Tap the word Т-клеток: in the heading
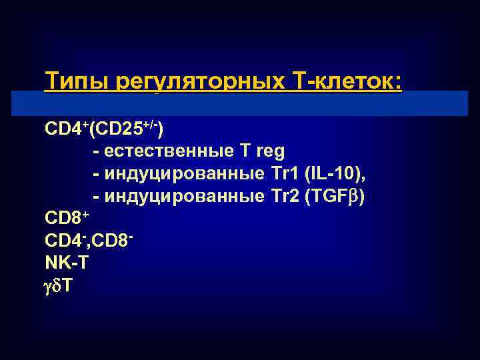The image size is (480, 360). [x=347, y=83]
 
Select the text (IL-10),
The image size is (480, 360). [x=335, y=174]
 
